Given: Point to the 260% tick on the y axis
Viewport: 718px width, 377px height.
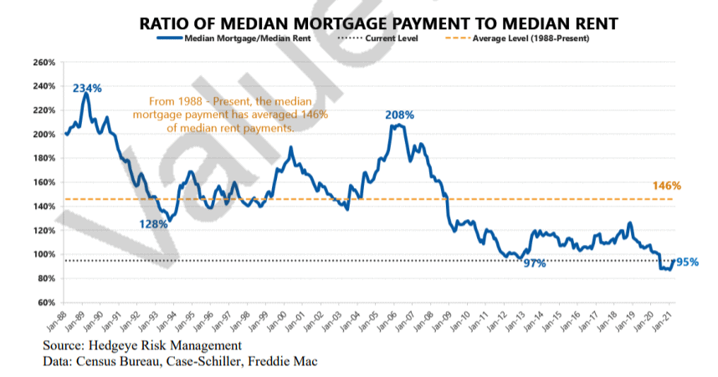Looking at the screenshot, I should (44, 63).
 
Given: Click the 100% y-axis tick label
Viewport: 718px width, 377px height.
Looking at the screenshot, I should (44, 254).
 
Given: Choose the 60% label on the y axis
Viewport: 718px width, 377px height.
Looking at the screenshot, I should (46, 302).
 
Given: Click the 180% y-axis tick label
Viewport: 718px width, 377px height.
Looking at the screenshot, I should (44, 158).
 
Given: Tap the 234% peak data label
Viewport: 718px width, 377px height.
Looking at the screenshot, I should (87, 88).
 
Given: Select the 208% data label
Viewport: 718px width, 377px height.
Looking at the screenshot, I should (399, 115).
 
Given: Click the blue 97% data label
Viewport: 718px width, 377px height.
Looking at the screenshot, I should (535, 263).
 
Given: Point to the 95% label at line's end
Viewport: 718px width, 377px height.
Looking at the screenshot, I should (687, 262).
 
